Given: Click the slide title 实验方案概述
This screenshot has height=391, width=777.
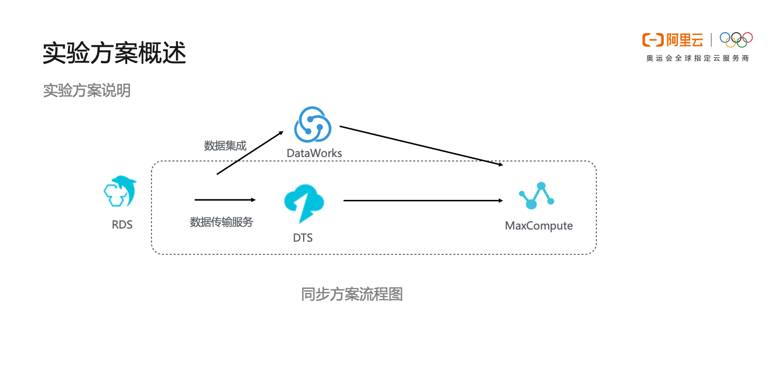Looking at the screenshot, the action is coord(115,53).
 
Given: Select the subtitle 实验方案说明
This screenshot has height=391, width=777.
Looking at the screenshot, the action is coord(87,90).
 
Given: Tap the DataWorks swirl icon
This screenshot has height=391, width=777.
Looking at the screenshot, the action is coord(313,124).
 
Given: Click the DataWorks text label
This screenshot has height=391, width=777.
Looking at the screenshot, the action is coord(314,153).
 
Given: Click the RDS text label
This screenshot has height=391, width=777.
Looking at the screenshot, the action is coord(122,225).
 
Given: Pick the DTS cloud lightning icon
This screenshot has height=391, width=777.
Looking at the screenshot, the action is coord(304,203).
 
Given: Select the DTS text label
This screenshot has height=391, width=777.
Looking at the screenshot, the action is coord(303,238).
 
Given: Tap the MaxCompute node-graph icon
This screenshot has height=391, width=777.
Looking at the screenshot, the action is coord(537,195).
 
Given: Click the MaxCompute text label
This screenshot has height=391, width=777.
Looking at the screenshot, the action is coord(539,226).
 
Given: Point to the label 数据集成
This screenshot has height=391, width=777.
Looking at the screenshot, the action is coord(225,145).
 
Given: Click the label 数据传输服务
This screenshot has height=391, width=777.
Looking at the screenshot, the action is coord(221,222).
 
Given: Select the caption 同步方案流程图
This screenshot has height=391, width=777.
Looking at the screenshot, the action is coord(352,294).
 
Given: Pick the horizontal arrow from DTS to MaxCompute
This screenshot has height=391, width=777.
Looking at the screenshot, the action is coord(423,200).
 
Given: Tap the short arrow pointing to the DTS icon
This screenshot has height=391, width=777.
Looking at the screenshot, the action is coord(225,200).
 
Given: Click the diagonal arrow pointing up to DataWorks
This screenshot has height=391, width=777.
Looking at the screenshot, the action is coord(250,153).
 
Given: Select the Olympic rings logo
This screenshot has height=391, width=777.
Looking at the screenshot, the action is coord(736,39).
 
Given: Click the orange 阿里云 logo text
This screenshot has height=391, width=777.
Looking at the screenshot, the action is coord(685,40).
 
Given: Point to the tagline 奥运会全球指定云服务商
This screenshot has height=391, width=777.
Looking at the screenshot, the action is coord(697,58).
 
